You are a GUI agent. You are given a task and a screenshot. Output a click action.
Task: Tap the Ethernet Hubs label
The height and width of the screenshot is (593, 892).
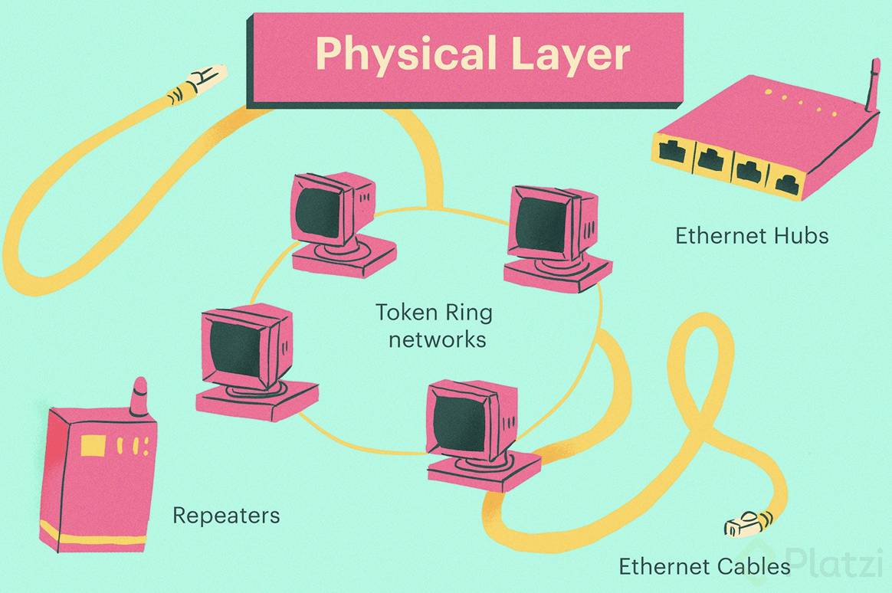pos(752,235)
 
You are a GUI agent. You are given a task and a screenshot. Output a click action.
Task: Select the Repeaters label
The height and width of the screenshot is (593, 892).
pos(226,516)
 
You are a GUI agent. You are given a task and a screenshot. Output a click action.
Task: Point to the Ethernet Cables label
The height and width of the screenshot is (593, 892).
pos(704,566)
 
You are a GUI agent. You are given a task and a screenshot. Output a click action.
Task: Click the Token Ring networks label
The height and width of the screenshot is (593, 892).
pos(434,326)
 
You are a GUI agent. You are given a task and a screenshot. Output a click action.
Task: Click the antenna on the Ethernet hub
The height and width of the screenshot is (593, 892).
pos(871,85)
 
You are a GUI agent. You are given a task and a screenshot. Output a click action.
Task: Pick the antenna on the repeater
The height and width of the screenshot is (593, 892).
pos(138,397)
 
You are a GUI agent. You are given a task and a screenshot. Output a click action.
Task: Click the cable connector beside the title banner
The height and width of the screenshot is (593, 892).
pos(197,84)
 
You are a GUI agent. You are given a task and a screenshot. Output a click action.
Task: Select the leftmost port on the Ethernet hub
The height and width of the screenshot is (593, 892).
pos(671,151)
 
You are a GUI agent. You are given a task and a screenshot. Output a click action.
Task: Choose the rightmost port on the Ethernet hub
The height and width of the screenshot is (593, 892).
pos(785,182)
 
